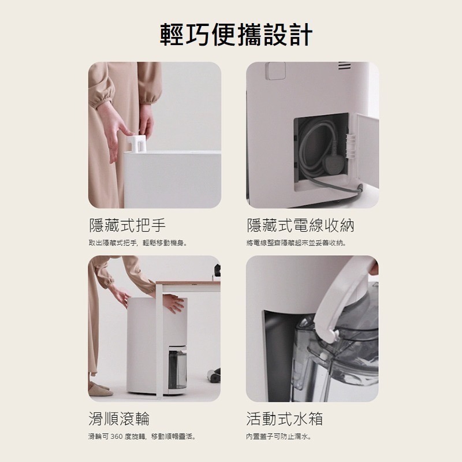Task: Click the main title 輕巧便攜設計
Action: pos(236,34)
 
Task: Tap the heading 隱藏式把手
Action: pos(127,225)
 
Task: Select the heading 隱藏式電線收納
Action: pos(300,225)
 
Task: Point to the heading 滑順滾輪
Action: pos(119,418)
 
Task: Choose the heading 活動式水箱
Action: pos(285,418)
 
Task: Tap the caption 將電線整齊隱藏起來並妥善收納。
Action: pos(296,243)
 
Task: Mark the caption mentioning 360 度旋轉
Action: pos(142,436)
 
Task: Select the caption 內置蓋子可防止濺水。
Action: pos(279,436)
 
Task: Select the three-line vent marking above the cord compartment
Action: pos(344,67)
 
